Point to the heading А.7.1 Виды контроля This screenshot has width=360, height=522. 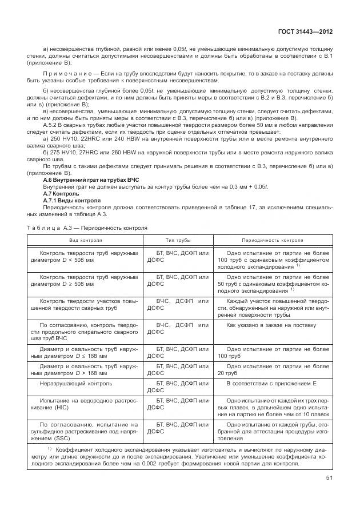pos(72,201)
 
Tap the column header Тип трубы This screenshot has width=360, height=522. pos(178,241)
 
